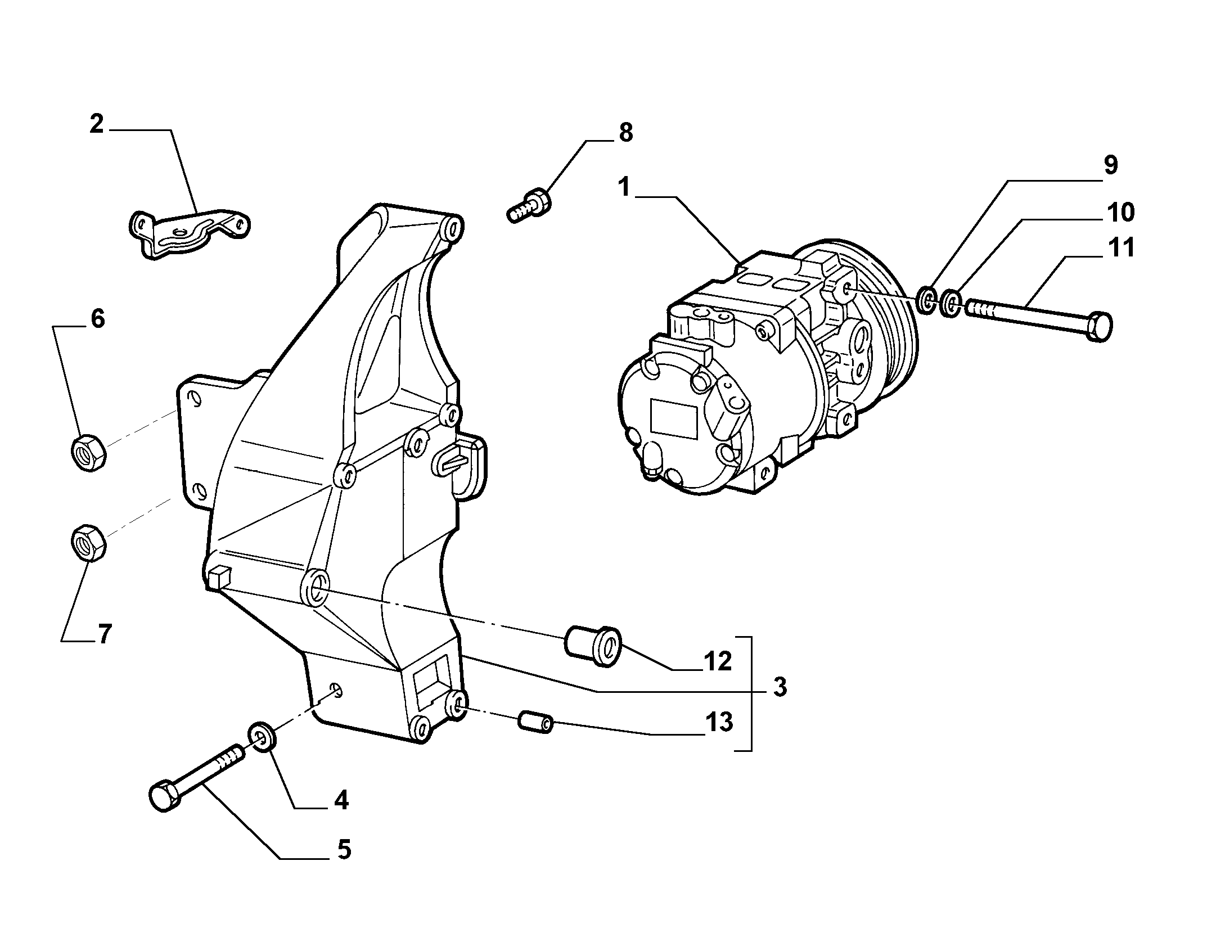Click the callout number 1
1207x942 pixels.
pos(624,187)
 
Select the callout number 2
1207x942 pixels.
pos(97,124)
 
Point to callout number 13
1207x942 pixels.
pos(718,722)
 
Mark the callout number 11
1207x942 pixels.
pos(1120,247)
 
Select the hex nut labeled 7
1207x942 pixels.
pos(89,542)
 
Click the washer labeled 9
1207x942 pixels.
pos(926,301)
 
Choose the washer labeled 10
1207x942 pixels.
pos(951,304)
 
